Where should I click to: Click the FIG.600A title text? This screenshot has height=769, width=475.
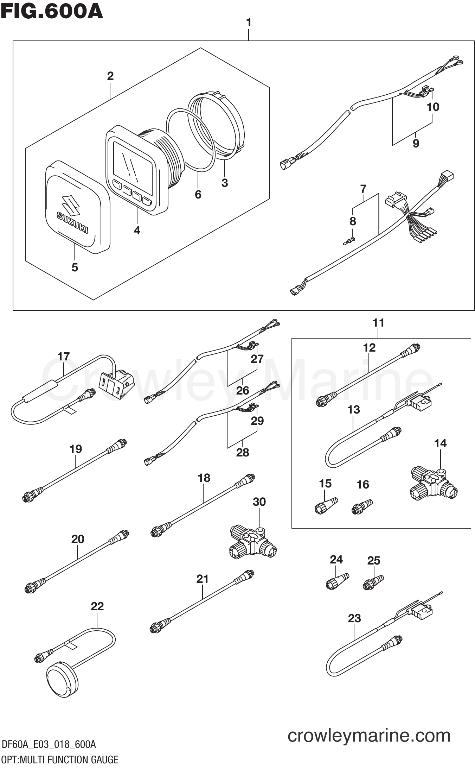tap(52, 12)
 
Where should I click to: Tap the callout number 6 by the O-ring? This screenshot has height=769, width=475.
tap(198, 194)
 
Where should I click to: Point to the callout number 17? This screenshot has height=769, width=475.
tap(64, 357)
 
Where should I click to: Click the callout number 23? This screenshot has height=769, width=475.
tap(354, 618)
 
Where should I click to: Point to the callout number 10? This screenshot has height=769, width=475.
tap(433, 107)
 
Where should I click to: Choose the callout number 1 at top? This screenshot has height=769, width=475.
tap(249, 23)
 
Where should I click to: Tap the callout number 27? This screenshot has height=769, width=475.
tap(257, 359)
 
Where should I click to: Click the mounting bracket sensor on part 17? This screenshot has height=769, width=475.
tap(117, 383)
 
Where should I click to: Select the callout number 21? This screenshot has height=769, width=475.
tap(202, 579)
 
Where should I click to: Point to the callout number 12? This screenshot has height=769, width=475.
tap(369, 348)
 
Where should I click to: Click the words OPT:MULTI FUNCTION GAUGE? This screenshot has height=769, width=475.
tap(60, 759)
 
